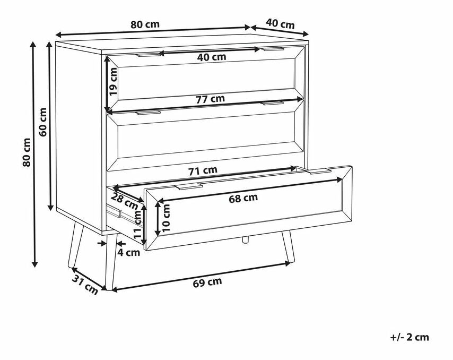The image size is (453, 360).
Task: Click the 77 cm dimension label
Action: pyautogui.click(x=210, y=99)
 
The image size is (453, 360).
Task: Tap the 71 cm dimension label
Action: pyautogui.click(x=203, y=170)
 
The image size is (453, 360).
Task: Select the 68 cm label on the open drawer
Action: pyautogui.click(x=243, y=198)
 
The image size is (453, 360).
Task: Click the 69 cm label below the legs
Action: pyautogui.click(x=207, y=282)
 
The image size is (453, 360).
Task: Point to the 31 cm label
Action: pyautogui.click(x=85, y=285)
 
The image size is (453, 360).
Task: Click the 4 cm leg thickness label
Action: pyautogui.click(x=128, y=252)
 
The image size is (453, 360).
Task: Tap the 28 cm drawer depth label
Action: pyautogui.click(x=125, y=201)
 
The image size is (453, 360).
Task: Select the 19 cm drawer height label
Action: pyautogui.click(x=113, y=82)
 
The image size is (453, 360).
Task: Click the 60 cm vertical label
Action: pyautogui.click(x=43, y=122)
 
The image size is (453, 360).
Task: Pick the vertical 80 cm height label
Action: pyautogui.click(x=27, y=152)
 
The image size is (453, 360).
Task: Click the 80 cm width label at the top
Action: pyautogui.click(x=145, y=24)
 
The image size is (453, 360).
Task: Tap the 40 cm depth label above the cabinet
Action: pyautogui.click(x=280, y=24)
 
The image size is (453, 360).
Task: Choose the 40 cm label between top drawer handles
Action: pyautogui.click(x=212, y=57)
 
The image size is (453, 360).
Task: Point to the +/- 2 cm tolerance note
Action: pyautogui.click(x=410, y=337)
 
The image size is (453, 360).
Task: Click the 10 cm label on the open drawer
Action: pyautogui.click(x=167, y=218)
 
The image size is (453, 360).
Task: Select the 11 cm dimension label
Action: pyautogui.click(x=140, y=224)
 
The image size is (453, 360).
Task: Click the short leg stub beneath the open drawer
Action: pyautogui.click(x=245, y=239)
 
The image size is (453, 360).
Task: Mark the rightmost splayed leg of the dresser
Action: pyautogui.click(x=289, y=247)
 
